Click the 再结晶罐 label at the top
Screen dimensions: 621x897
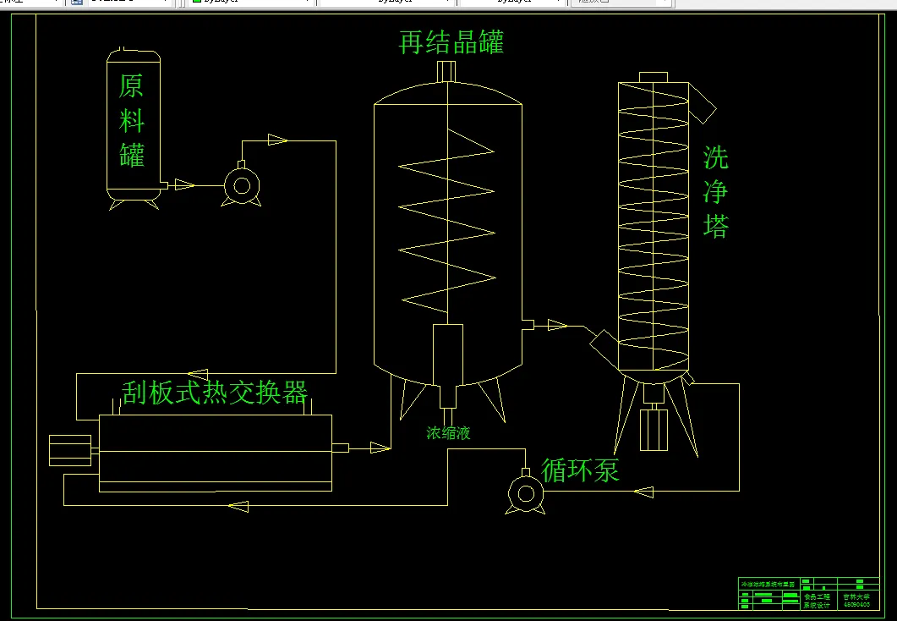tap(451, 42)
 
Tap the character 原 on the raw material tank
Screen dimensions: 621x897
tap(131, 86)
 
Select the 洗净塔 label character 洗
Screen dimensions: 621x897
tap(715, 158)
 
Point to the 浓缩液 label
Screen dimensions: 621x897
tap(448, 433)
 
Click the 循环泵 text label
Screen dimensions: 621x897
tap(580, 470)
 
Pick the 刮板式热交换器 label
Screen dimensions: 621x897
tap(215, 392)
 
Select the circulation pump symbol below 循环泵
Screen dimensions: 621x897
tap(525, 492)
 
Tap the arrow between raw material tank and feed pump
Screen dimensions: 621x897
tap(184, 184)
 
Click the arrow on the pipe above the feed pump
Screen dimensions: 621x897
tap(277, 140)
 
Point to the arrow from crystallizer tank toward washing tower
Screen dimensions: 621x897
tap(557, 325)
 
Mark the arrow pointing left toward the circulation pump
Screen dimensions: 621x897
tap(643, 492)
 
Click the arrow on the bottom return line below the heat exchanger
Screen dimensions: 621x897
tap(239, 506)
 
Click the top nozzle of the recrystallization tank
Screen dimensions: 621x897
tap(446, 71)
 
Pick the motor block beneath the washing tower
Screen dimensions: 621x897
tap(654, 429)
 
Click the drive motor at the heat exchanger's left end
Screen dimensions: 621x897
tap(70, 450)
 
